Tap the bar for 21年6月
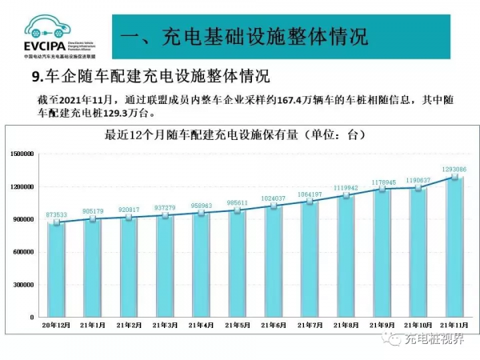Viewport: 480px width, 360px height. click(274, 261)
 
